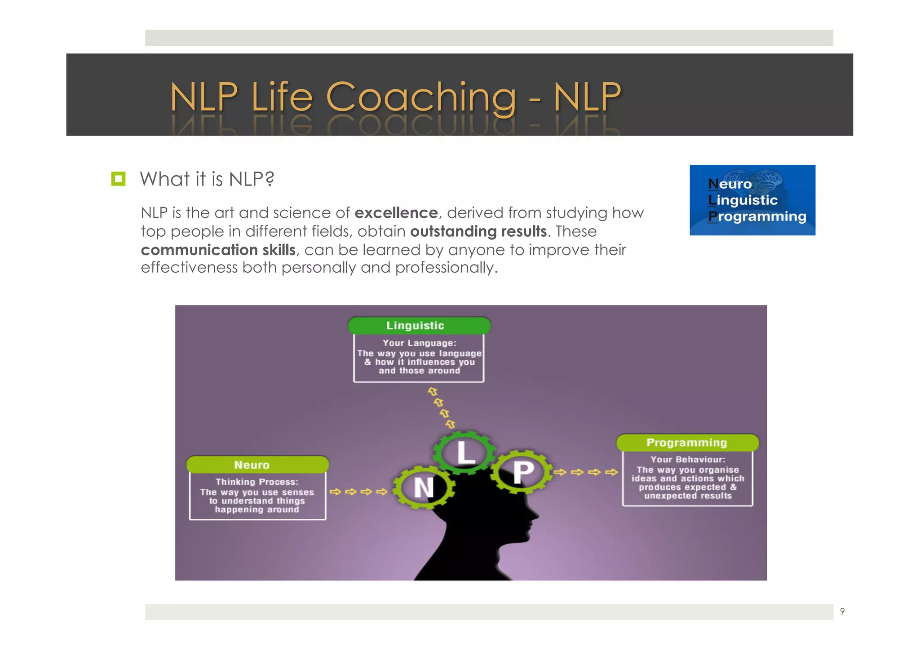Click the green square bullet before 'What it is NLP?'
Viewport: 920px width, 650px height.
(x=118, y=179)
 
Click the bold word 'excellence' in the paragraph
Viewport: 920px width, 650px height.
(x=396, y=212)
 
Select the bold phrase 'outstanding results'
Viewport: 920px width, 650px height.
(x=478, y=231)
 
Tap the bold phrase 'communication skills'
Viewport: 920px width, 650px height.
(x=218, y=250)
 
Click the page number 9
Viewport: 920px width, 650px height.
(x=842, y=611)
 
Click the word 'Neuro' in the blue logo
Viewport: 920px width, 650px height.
(x=730, y=184)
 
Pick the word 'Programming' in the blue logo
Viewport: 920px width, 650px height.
(x=757, y=217)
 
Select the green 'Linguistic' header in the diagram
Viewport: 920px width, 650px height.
(x=419, y=325)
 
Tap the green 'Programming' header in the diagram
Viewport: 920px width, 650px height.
(x=687, y=442)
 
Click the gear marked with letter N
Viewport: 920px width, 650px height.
(x=424, y=488)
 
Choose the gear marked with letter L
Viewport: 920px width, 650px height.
(x=464, y=452)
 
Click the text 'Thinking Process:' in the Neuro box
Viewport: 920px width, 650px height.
(x=257, y=482)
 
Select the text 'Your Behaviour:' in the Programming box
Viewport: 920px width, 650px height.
(x=688, y=459)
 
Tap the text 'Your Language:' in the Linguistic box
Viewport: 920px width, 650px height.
(x=419, y=343)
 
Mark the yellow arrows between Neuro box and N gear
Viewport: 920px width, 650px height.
(x=358, y=491)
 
